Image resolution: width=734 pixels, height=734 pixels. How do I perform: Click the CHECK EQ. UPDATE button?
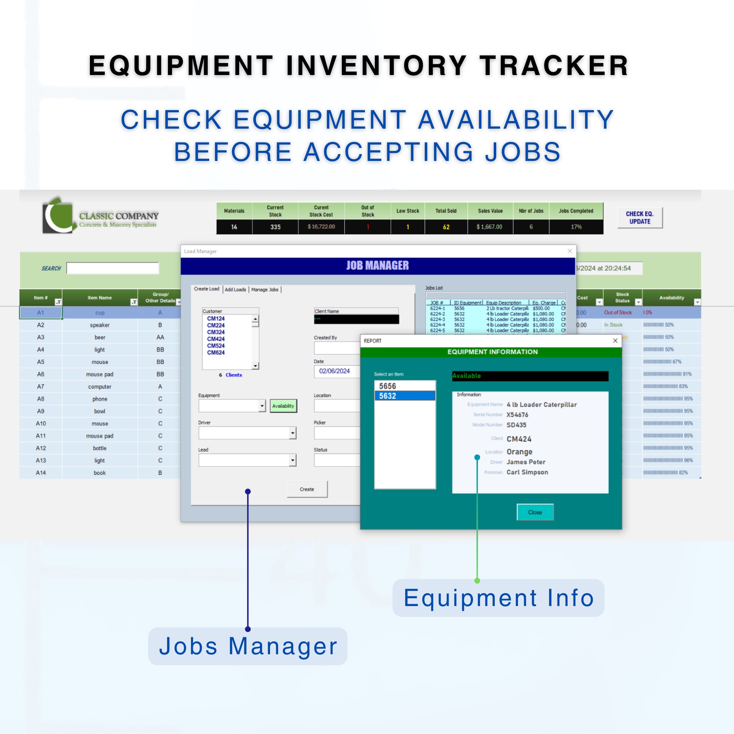(640, 217)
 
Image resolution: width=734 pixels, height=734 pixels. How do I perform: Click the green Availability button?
(283, 406)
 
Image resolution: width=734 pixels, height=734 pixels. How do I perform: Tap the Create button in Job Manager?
(307, 489)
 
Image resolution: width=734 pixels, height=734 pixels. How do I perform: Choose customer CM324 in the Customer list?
(216, 332)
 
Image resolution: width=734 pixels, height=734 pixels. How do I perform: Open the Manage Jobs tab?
(265, 290)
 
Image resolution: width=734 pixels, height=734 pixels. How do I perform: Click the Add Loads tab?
(235, 290)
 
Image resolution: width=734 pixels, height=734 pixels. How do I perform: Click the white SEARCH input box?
(112, 268)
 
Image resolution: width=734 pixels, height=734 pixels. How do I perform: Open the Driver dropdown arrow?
(292, 433)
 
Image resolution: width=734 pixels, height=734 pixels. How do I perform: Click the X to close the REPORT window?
(615, 340)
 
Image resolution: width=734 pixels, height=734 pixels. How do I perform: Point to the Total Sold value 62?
(446, 227)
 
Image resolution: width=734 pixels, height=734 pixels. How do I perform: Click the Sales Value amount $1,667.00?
(489, 227)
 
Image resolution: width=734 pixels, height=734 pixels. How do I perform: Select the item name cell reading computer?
(100, 387)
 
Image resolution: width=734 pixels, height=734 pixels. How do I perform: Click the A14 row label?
(41, 473)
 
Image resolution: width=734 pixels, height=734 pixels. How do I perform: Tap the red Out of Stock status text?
(618, 312)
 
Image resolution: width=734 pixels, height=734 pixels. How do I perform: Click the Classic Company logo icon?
(58, 215)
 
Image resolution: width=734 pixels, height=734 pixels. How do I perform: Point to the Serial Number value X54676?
(517, 415)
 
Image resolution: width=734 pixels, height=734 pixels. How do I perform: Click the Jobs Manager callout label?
(248, 646)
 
